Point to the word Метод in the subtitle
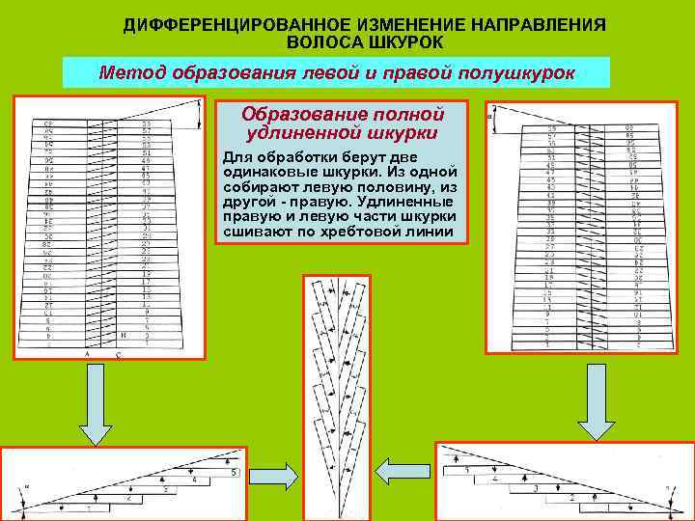tap(133, 73)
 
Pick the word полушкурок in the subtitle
tap(511, 73)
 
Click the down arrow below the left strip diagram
tap(96, 407)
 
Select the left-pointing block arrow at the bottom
tap(395, 472)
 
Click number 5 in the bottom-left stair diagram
tap(234, 472)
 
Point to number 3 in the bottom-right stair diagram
tap(535, 490)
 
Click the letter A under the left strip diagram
tap(85, 355)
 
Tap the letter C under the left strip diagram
tap(119, 355)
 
